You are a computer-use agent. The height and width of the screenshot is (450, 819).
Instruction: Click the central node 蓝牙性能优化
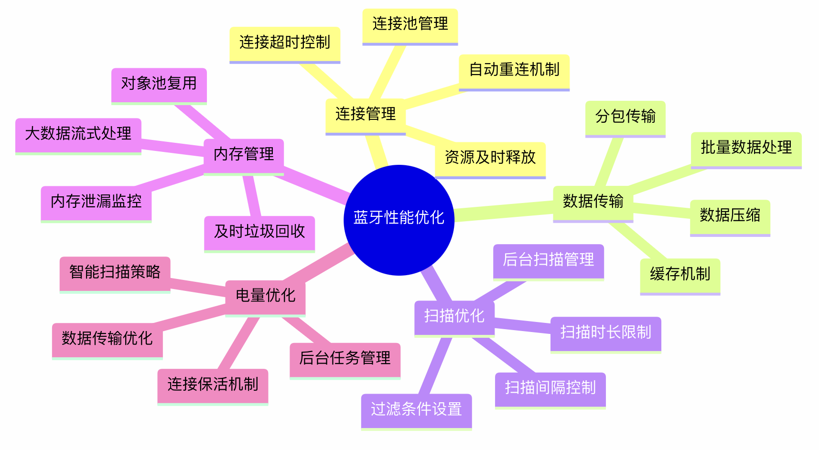pyautogui.click(x=399, y=220)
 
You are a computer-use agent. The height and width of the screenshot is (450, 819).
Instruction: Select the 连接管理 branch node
pyautogui.click(x=366, y=115)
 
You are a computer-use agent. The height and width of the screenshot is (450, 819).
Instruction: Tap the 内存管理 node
pyautogui.click(x=244, y=155)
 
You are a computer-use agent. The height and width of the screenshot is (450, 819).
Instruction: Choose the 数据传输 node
pyautogui.click(x=593, y=202)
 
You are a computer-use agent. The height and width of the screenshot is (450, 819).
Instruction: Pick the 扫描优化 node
pyautogui.click(x=454, y=316)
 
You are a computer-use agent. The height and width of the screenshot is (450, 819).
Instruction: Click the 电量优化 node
pyautogui.click(x=265, y=296)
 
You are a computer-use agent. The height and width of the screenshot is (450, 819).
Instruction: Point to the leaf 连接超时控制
pyautogui.click(x=285, y=43)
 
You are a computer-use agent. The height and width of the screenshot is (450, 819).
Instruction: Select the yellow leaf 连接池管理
pyautogui.click(x=410, y=24)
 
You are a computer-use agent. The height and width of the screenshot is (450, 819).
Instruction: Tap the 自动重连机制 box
pyautogui.click(x=514, y=70)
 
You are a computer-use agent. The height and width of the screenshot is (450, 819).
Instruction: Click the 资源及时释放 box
pyautogui.click(x=490, y=158)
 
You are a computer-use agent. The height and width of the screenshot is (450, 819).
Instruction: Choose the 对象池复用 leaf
pyautogui.click(x=159, y=84)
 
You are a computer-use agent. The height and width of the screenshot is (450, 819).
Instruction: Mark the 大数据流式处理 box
pyautogui.click(x=78, y=134)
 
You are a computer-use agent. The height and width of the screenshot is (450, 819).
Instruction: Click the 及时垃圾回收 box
pyautogui.click(x=259, y=232)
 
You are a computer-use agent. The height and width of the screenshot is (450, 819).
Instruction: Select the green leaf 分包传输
pyautogui.click(x=625, y=117)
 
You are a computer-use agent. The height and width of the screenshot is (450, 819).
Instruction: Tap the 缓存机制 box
pyautogui.click(x=680, y=275)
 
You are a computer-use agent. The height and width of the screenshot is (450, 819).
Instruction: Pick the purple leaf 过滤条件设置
pyautogui.click(x=416, y=410)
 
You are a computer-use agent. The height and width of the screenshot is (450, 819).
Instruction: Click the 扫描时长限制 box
pyautogui.click(x=605, y=333)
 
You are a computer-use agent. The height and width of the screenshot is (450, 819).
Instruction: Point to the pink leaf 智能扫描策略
pyautogui.click(x=115, y=273)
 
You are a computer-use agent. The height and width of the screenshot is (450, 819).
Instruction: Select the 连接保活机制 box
pyautogui.click(x=213, y=385)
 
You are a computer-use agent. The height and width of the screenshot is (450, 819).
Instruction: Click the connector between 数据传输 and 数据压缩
pyautogui.click(x=662, y=210)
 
